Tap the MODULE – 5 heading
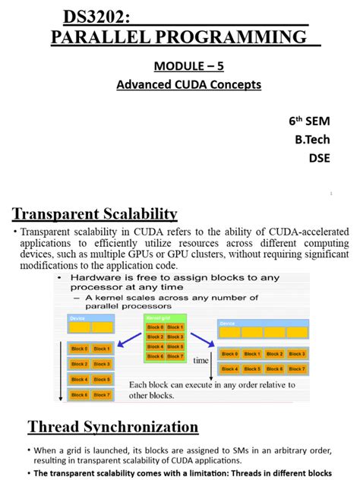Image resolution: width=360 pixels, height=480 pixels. pos(189,66)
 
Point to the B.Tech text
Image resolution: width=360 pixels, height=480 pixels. pos(312,140)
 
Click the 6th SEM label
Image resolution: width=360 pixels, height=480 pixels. pos(309,121)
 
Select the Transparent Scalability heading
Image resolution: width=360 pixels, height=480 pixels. pos(95,213)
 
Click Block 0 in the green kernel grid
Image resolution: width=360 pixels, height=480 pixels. pos(155,327)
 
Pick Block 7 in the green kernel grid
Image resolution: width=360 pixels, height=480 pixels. pos(175,355)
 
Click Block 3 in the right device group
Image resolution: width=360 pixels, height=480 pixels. pos(296,354)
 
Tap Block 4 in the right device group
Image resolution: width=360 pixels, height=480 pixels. pos(229,369)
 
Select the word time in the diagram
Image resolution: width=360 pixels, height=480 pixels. pos(201,361)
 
